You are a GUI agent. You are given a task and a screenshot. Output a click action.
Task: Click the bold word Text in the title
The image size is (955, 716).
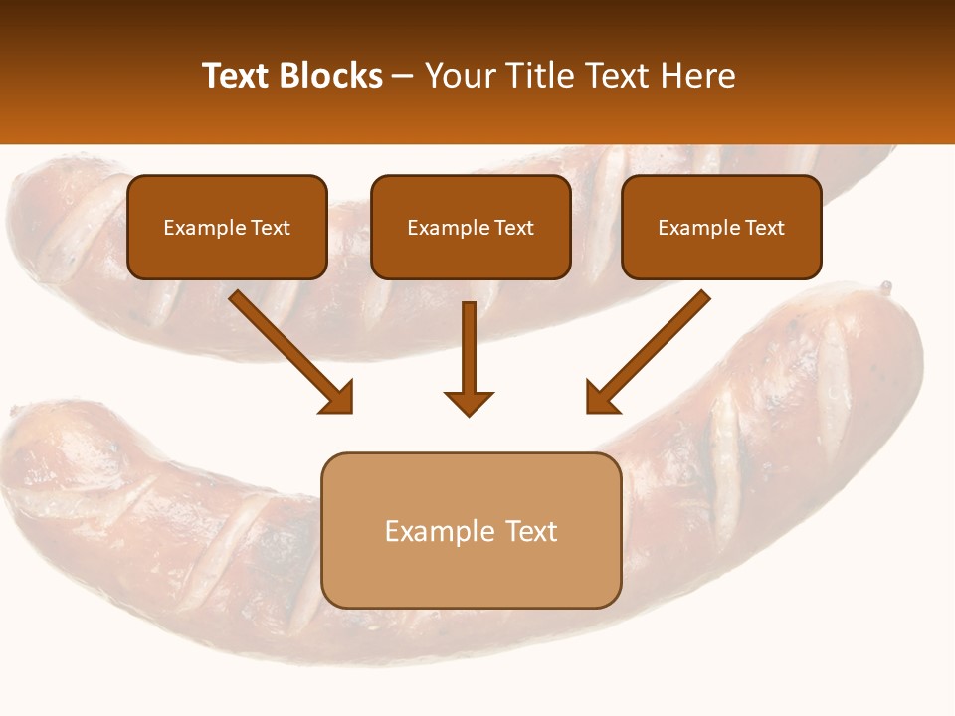(x=236, y=76)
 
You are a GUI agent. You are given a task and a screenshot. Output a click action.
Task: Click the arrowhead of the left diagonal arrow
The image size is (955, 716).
(x=338, y=398)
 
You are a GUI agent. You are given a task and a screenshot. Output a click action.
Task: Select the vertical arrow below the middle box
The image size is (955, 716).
(x=469, y=358)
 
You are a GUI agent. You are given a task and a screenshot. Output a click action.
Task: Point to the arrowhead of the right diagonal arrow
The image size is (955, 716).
(x=600, y=398)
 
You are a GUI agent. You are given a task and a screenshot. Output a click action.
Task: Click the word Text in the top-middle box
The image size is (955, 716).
(x=513, y=228)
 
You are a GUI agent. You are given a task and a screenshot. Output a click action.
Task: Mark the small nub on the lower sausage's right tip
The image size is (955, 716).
(x=884, y=288)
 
